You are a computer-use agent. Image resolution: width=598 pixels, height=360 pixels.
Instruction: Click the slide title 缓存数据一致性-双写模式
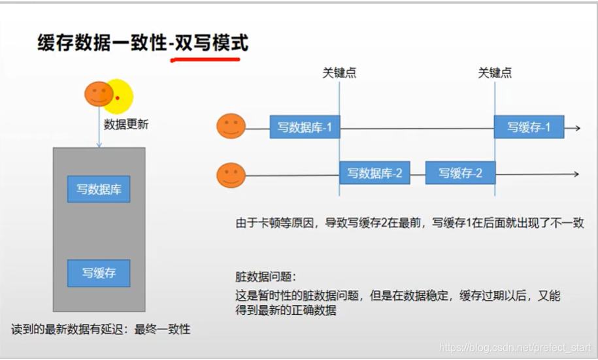point(142,43)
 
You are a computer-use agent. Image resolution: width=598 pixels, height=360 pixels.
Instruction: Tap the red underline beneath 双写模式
point(205,59)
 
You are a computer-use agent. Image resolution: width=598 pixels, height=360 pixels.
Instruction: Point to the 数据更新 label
point(126,124)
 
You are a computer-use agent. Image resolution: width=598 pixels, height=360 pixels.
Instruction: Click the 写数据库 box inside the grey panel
point(99,189)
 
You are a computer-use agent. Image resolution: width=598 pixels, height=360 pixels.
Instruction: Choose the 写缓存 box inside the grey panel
point(99,272)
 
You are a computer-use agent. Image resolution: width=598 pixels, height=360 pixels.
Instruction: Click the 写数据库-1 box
point(305,127)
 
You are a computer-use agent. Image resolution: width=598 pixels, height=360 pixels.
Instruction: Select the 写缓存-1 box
point(529,127)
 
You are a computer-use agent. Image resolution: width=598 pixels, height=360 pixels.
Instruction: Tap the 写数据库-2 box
point(374,173)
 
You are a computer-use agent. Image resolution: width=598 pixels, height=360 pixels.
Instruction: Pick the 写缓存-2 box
point(460,173)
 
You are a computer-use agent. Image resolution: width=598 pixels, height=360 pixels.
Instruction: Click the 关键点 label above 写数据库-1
point(339,73)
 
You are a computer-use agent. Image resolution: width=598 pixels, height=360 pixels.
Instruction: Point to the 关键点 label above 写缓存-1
point(495,73)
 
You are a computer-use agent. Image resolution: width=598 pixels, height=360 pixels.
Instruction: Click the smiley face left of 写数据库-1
point(231,126)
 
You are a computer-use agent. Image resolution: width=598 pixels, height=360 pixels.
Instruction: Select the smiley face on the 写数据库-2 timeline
point(231,175)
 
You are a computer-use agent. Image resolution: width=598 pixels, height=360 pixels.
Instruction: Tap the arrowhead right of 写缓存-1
point(576,128)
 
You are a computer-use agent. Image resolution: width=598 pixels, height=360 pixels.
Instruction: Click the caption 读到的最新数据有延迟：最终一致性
point(101,329)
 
